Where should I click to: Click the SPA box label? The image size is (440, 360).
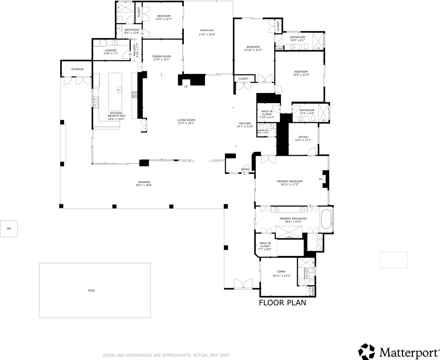(x=9, y=229)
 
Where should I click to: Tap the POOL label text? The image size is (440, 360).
(x=92, y=291)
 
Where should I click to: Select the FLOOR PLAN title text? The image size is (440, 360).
(x=282, y=302)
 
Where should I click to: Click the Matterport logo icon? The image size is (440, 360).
(x=367, y=351)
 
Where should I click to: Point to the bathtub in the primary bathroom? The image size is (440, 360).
(x=326, y=219)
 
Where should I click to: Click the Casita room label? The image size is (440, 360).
(x=281, y=271)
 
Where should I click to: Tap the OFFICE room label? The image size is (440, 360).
(x=303, y=137)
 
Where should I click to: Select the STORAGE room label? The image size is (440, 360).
(x=77, y=69)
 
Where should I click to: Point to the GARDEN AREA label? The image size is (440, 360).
(x=207, y=30)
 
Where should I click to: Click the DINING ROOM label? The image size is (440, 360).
(x=162, y=56)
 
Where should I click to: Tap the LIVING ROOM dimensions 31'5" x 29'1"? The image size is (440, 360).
(x=186, y=123)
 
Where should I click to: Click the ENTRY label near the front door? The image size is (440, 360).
(x=245, y=169)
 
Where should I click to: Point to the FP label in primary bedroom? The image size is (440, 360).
(x=320, y=179)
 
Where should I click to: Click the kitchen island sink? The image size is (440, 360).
(x=119, y=90)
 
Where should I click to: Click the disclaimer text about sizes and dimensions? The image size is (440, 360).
(x=167, y=355)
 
